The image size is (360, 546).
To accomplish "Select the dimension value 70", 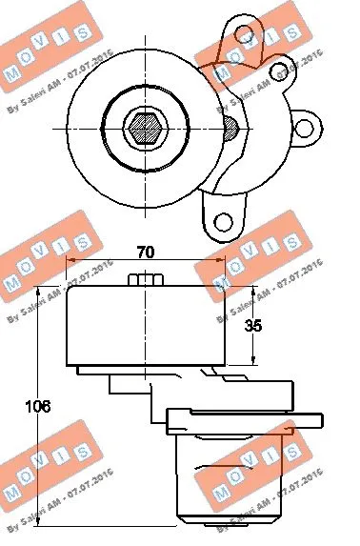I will point(145,254).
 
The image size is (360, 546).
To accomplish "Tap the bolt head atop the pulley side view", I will point(145,280).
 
